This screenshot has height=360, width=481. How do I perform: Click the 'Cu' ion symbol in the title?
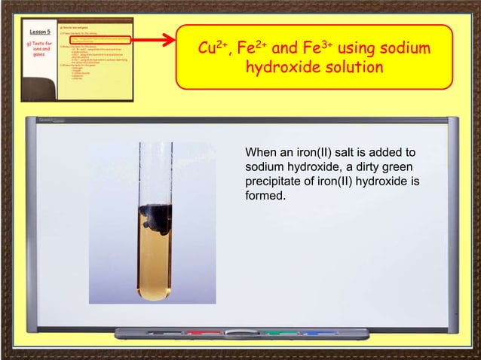[207, 50]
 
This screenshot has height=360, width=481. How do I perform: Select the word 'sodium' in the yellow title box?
[403, 50]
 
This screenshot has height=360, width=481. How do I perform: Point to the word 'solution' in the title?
[351, 69]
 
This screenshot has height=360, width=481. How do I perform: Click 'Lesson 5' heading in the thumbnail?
[40, 32]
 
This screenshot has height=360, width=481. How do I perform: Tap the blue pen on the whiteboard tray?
[317, 332]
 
